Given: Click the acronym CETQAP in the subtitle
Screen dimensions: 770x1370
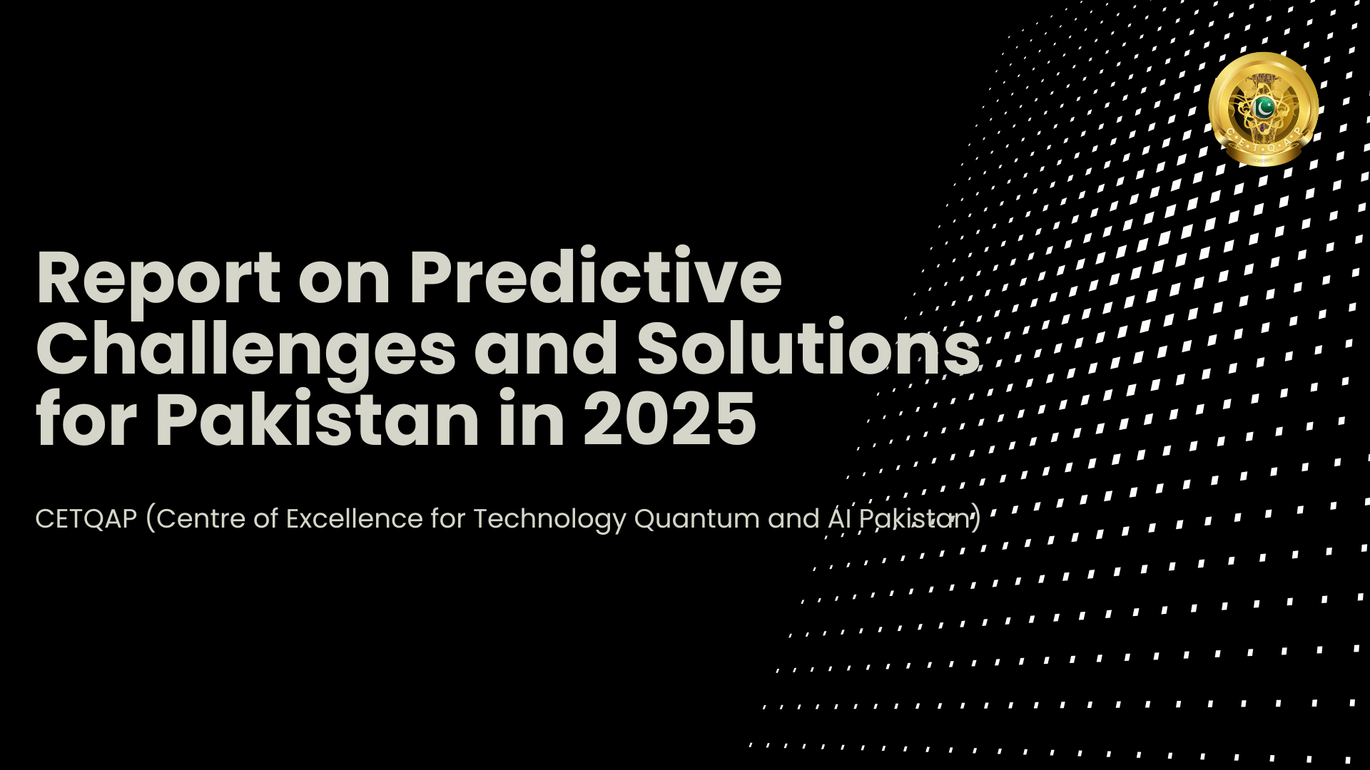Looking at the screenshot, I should (86, 519).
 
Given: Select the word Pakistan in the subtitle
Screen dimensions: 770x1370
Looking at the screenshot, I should (915, 519).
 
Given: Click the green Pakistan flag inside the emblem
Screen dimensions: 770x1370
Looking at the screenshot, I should (1264, 107).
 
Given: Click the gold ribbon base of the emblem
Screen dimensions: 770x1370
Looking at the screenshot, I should (1264, 158).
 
